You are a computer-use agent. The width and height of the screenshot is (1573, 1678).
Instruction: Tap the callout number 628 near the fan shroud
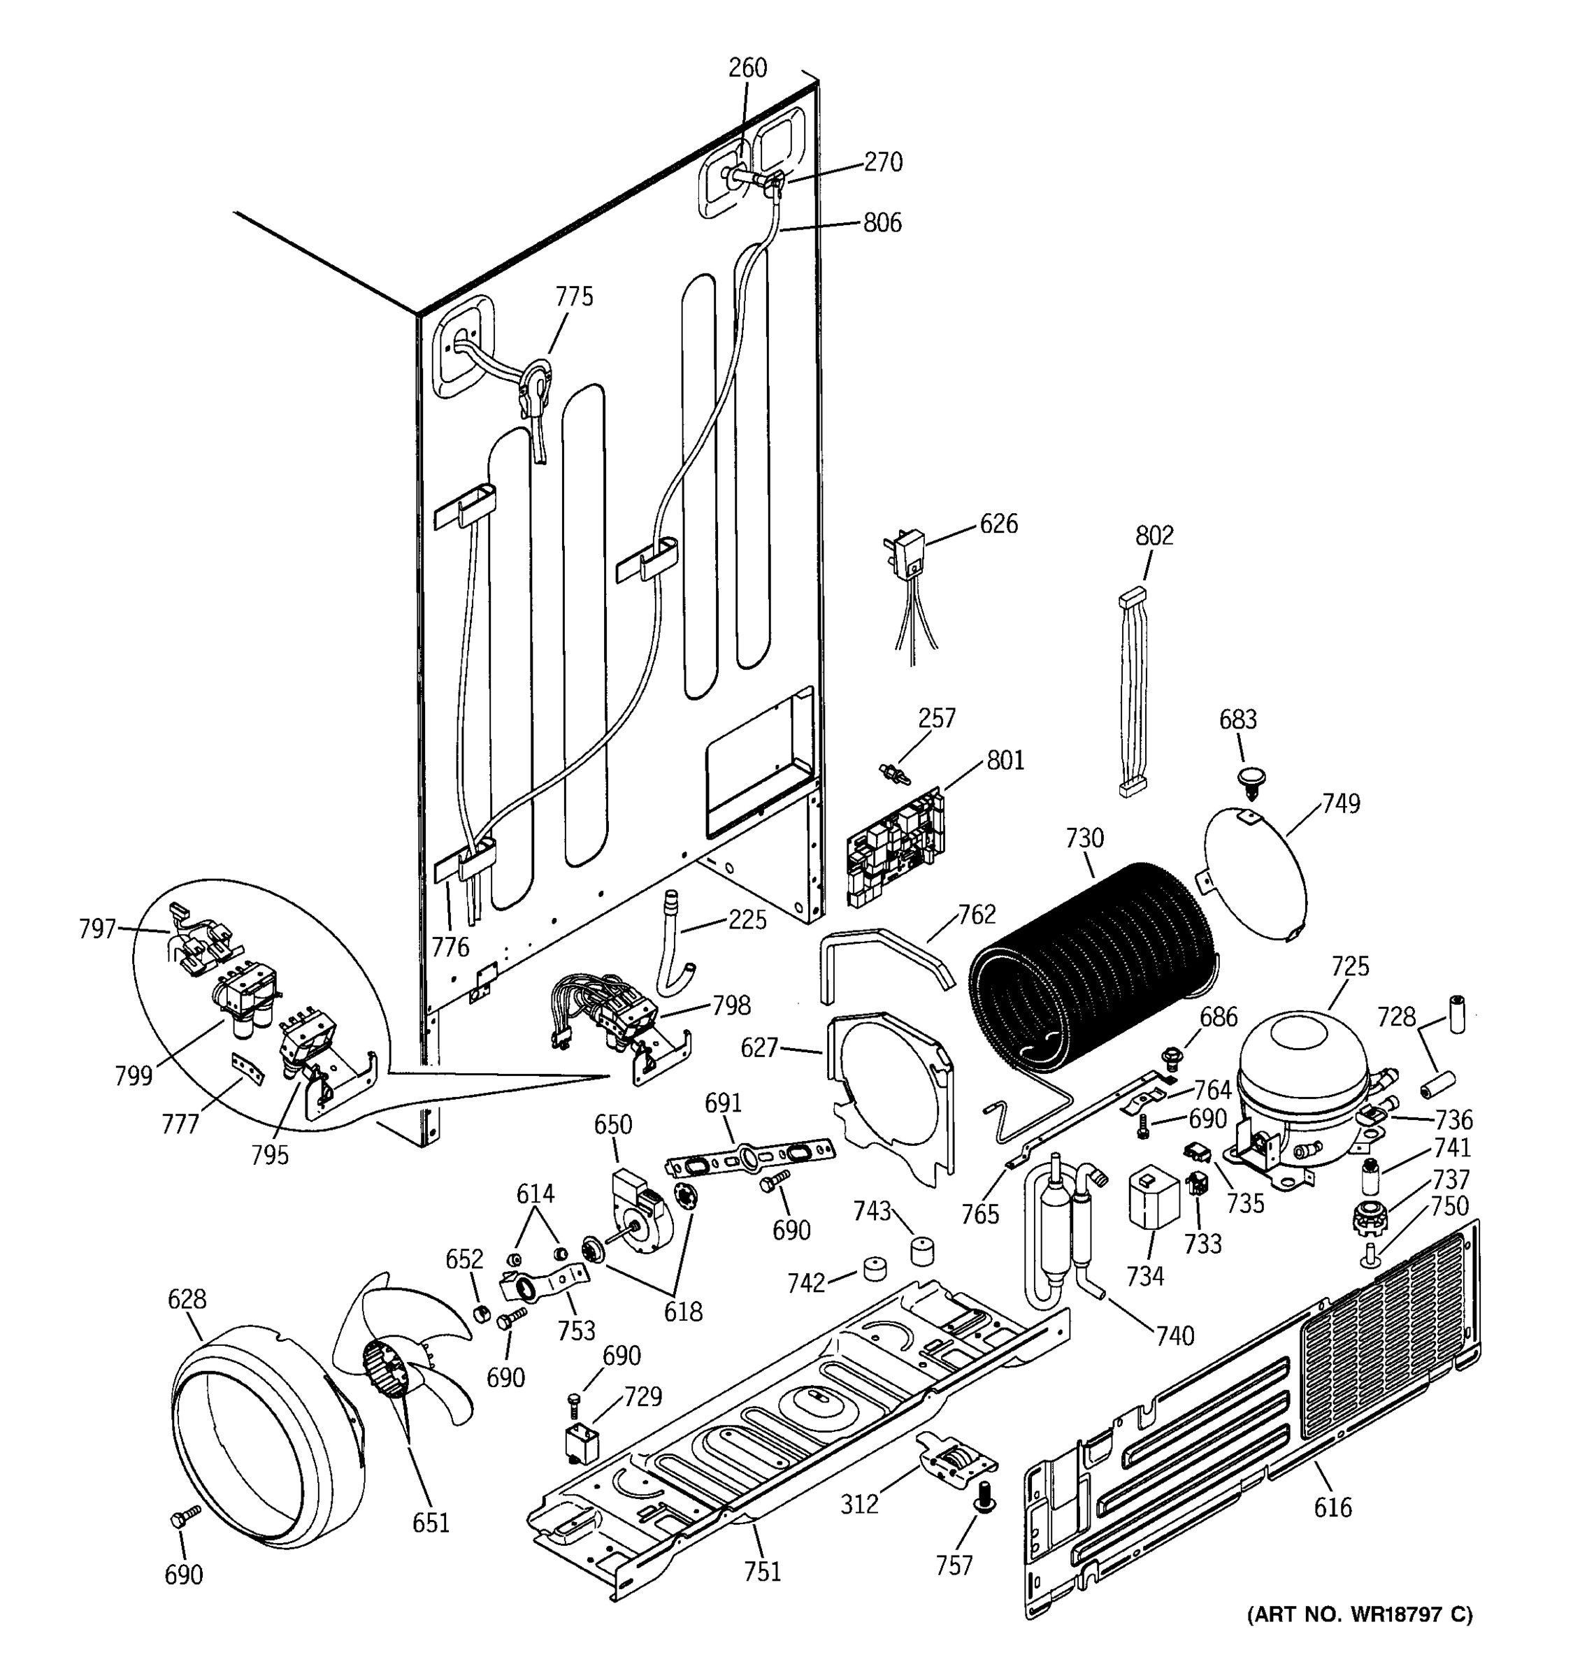coord(187,1299)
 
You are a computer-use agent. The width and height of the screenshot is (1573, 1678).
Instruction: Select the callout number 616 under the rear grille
coord(1333,1507)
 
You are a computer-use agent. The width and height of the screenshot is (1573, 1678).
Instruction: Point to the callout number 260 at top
coord(747,68)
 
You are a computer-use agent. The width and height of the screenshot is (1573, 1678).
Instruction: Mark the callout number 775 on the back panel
coord(574,296)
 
